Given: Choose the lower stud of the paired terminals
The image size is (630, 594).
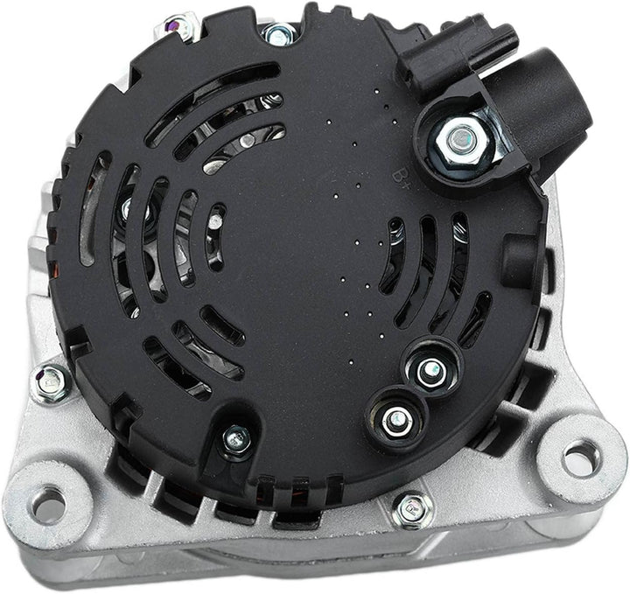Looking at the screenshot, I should (x=395, y=421).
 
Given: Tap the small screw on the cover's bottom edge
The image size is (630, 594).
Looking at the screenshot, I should (x=235, y=441).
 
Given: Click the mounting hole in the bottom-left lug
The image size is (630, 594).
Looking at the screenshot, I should (x=48, y=505).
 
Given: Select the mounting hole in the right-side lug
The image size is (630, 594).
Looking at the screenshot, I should (x=578, y=456).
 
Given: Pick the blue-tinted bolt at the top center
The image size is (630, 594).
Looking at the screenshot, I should (x=279, y=34).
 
